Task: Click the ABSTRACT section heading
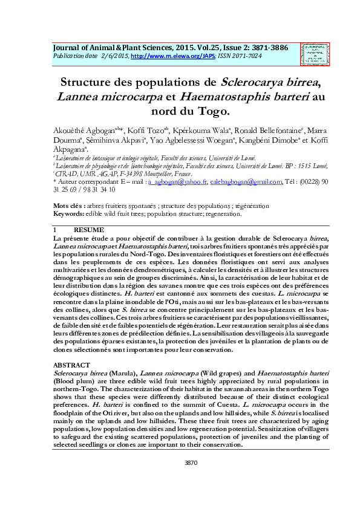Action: pos(71,366)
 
